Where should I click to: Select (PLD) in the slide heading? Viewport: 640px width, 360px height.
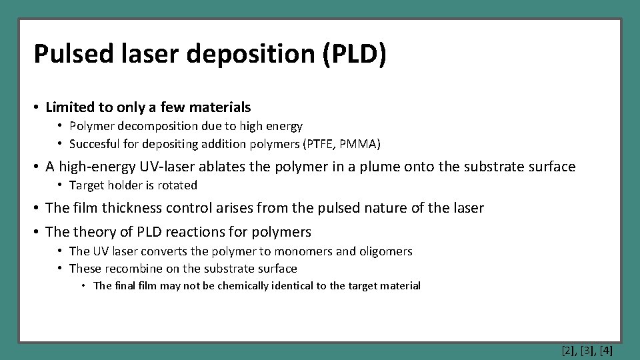click(354, 54)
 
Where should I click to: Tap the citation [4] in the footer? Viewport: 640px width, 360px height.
click(606, 349)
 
